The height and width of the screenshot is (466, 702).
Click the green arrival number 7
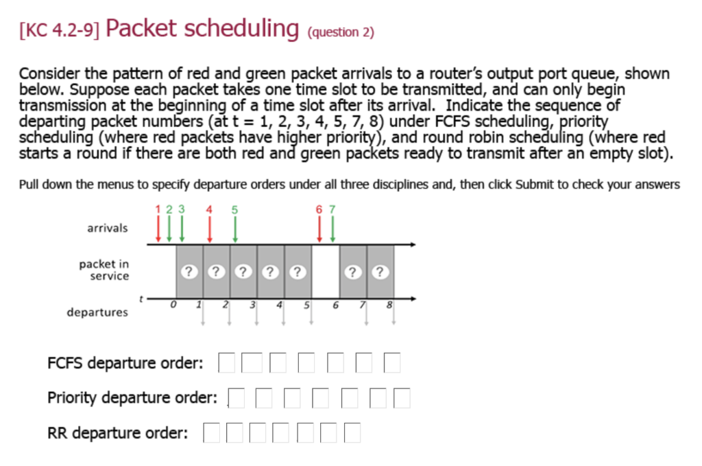(332, 209)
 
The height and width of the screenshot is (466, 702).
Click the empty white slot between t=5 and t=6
(326, 270)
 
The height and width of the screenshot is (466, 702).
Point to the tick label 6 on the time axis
(335, 305)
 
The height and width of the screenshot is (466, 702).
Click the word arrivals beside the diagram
(107, 228)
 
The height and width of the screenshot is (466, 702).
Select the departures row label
(97, 312)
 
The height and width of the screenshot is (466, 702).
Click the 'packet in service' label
(104, 270)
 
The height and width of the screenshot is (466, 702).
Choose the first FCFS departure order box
(227, 362)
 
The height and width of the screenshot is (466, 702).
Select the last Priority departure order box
(402, 398)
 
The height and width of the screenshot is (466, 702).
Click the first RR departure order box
(212, 433)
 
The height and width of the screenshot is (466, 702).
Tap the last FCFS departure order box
(391, 362)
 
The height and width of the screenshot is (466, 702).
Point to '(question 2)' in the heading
(341, 32)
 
